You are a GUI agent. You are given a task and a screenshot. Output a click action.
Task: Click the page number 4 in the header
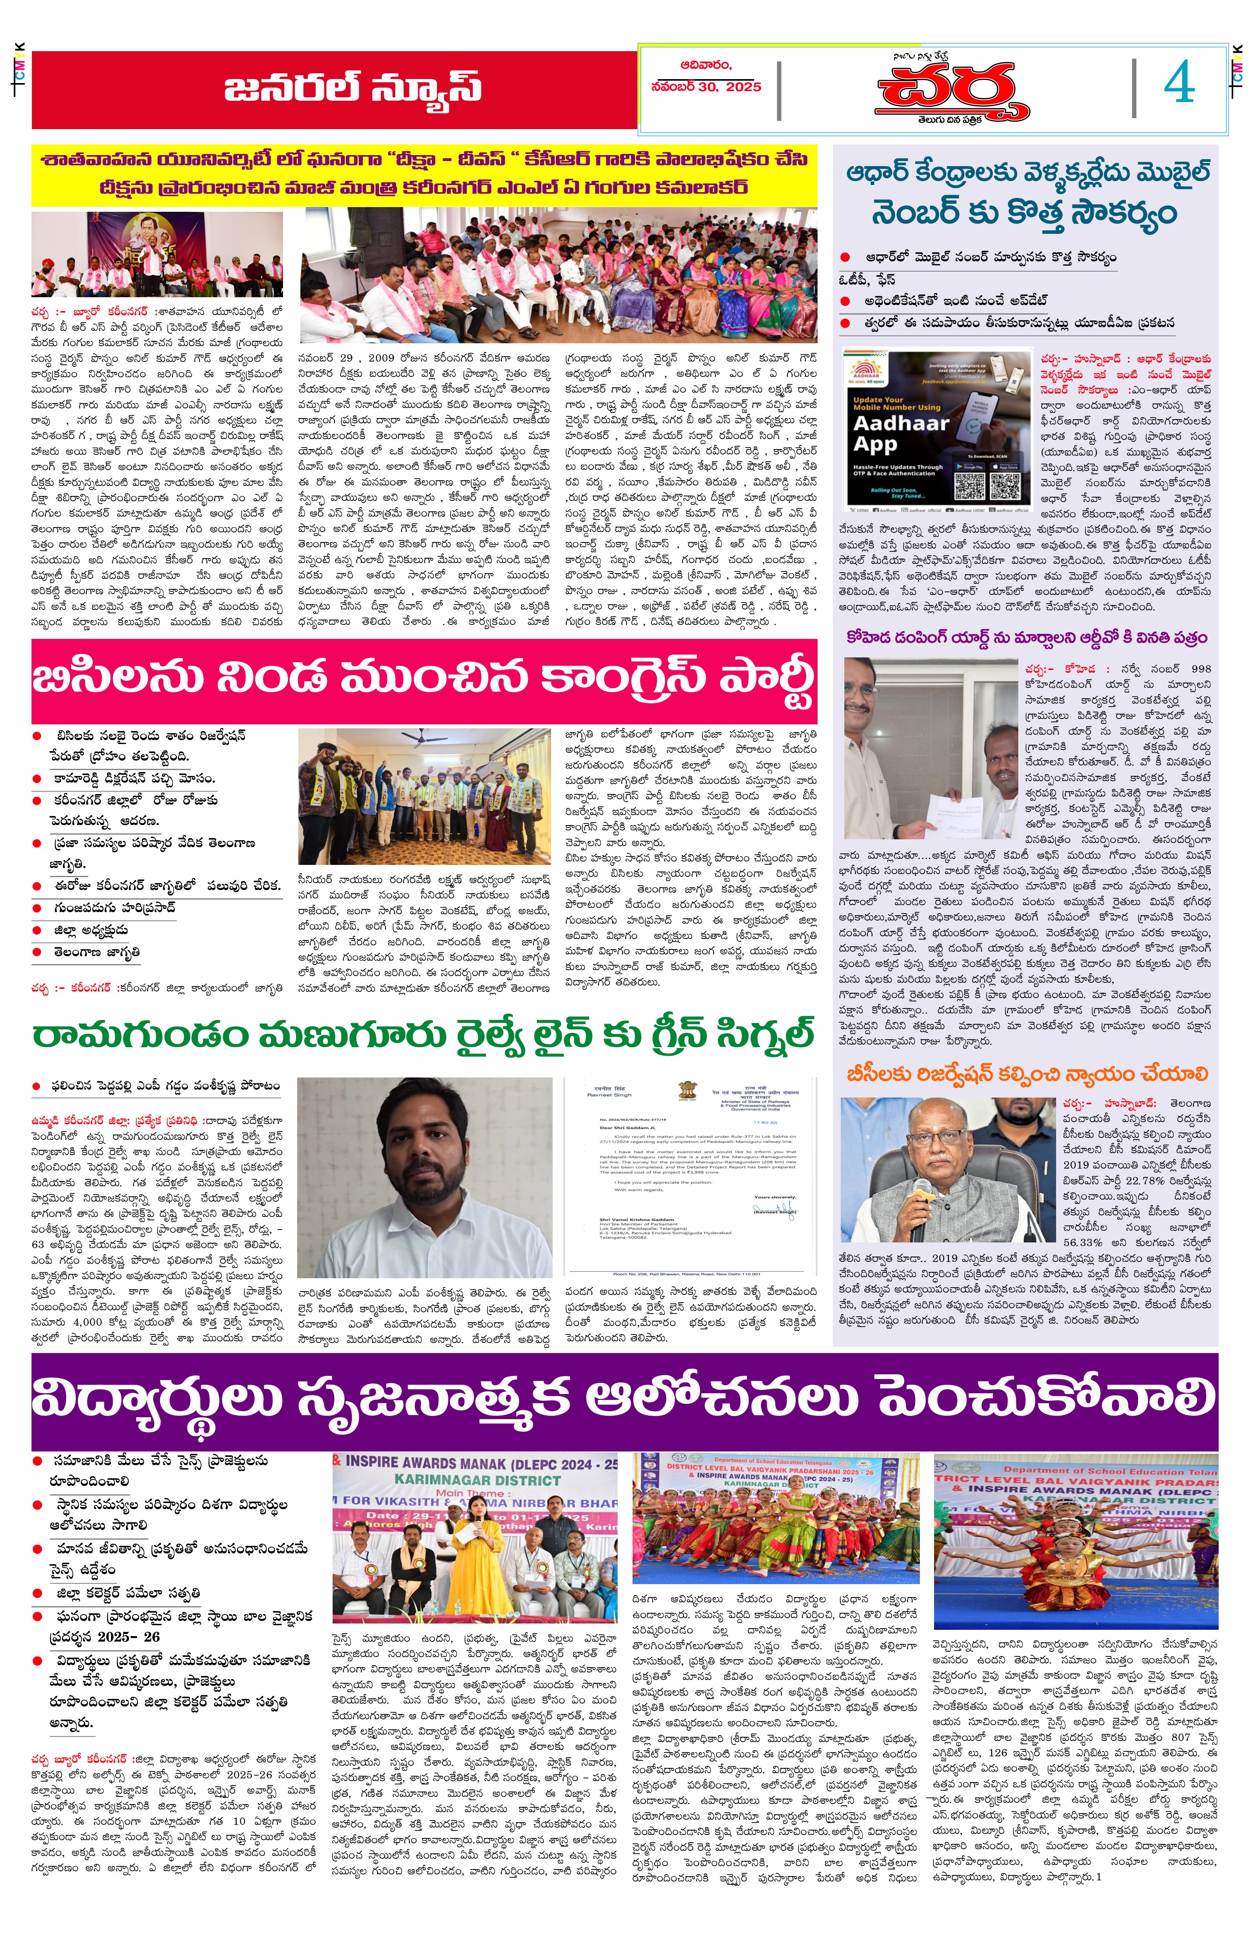click(1179, 84)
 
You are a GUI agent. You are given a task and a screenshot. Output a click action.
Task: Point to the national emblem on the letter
click(686, 1092)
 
